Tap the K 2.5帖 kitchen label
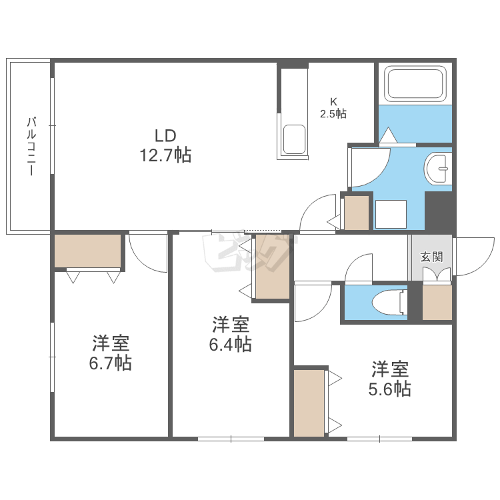pyautogui.click(x=333, y=107)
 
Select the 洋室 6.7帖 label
pyautogui.click(x=111, y=353)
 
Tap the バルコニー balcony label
pyautogui.click(x=31, y=145)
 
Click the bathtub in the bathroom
pyautogui.click(x=415, y=85)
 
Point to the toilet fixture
pyautogui.click(x=386, y=302)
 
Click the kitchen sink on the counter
pyautogui.click(x=294, y=139)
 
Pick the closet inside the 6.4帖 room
pyautogui.click(x=272, y=266)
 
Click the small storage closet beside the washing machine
pyautogui.click(x=356, y=213)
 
